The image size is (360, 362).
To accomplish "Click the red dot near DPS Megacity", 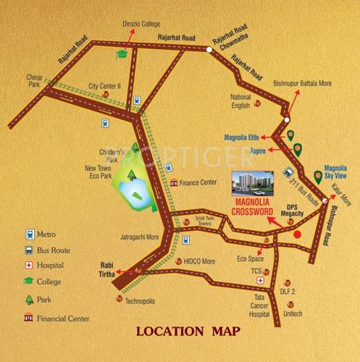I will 296,233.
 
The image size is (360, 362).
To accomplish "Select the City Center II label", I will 104,85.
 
